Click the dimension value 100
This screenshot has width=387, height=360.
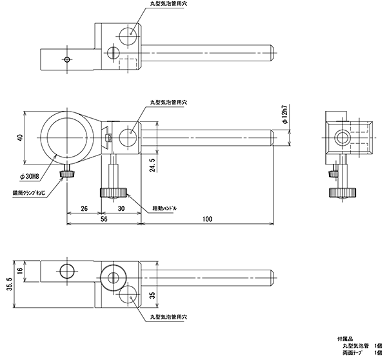[x=206, y=219]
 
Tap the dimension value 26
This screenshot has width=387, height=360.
[x=84, y=209]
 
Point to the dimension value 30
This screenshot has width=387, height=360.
[x=121, y=209]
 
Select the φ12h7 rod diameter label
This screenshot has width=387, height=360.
[x=283, y=116]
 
